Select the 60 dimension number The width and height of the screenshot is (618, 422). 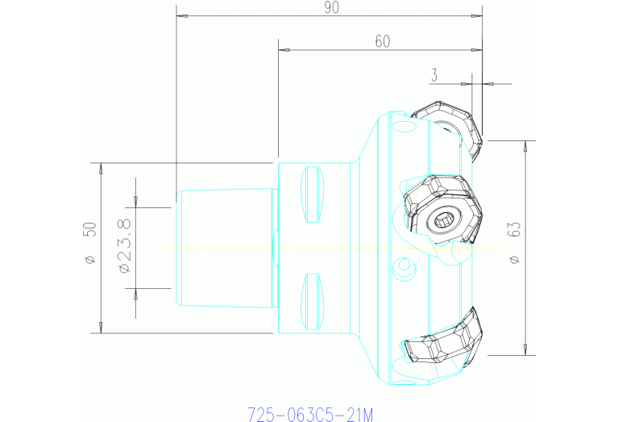click(x=383, y=42)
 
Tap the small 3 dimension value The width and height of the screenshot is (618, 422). click(x=434, y=76)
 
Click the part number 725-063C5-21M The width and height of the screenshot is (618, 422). click(x=310, y=415)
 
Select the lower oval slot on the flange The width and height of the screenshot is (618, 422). click(x=312, y=300)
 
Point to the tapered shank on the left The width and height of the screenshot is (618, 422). click(x=226, y=247)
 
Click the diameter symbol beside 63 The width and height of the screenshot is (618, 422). click(x=515, y=259)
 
